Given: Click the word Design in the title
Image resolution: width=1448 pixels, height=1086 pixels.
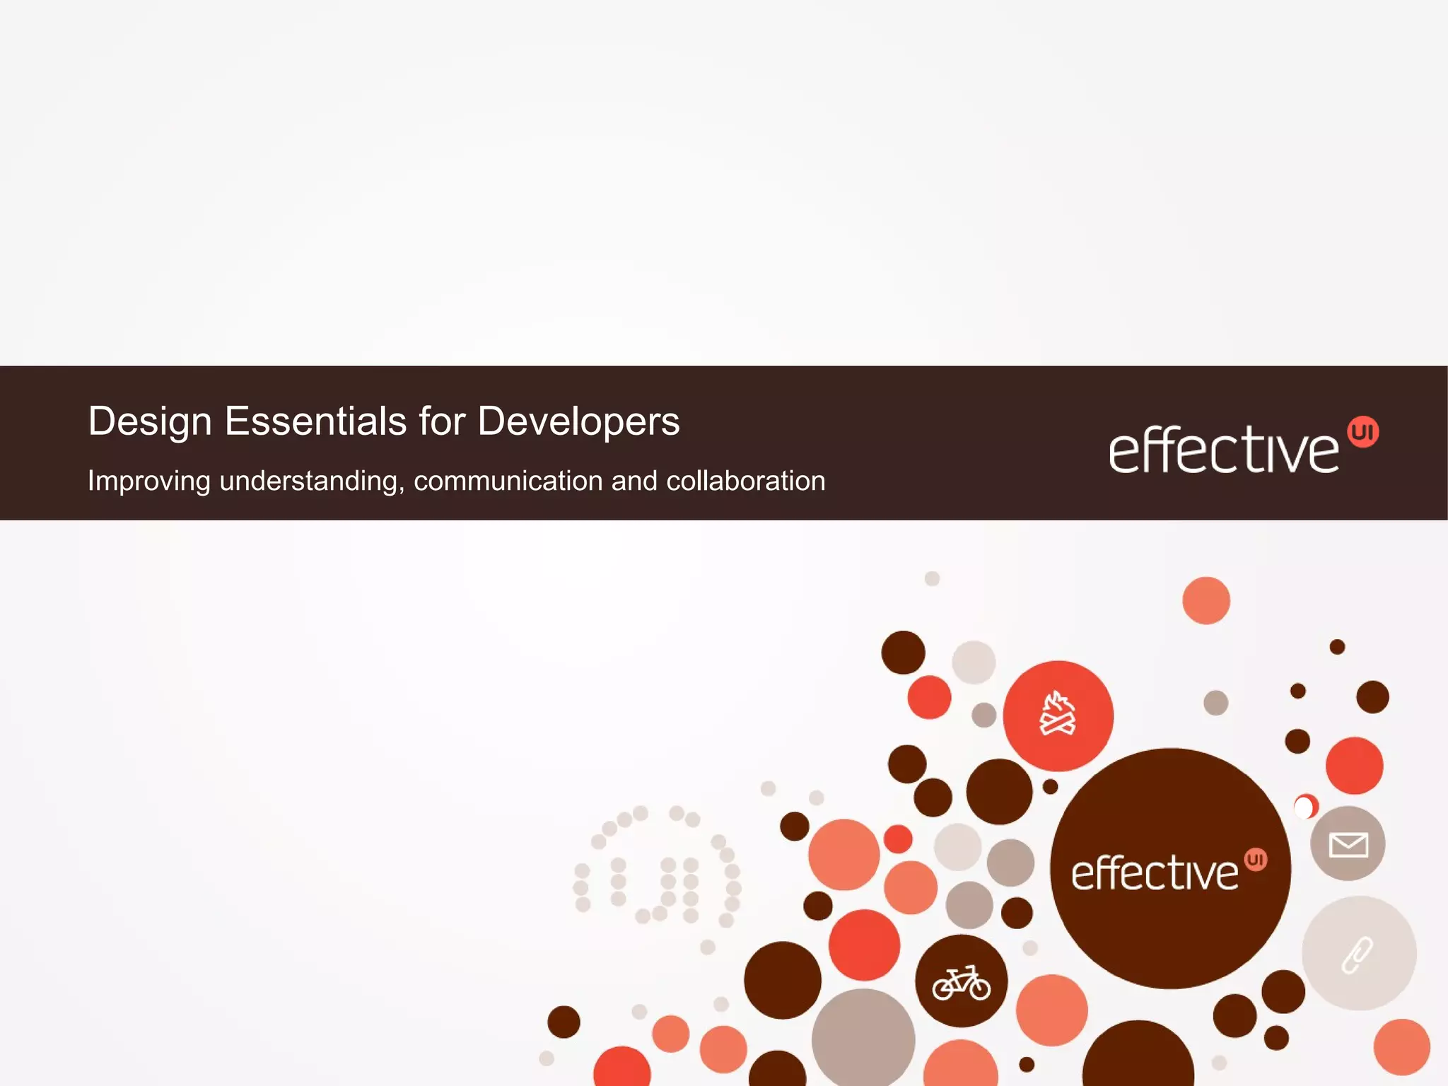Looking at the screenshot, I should click(150, 422).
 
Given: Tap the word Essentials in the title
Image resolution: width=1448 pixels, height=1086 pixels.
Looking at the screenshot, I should click(315, 421).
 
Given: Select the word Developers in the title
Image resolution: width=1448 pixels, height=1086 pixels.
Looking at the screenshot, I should click(578, 421).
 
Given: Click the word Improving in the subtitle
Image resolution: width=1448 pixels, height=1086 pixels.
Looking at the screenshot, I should click(149, 481).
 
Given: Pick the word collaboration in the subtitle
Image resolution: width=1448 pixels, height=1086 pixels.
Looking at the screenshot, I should click(745, 481).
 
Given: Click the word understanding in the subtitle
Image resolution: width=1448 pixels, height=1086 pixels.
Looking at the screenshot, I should click(312, 481).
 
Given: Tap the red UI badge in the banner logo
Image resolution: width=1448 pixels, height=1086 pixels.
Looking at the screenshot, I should click(1362, 432).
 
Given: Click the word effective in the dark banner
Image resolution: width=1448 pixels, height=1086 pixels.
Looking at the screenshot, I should click(1223, 450).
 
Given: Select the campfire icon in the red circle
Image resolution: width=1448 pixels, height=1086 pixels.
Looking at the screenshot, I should click(1058, 715).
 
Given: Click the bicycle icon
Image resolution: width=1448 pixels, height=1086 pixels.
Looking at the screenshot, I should click(961, 983).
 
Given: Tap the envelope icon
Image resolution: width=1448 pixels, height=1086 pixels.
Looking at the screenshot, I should click(1348, 844).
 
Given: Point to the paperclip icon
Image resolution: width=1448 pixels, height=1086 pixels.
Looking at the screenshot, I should click(1357, 954).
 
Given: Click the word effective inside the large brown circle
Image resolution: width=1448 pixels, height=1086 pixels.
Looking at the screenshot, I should click(1155, 872).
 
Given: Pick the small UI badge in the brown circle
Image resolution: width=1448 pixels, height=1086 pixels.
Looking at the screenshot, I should click(1256, 860).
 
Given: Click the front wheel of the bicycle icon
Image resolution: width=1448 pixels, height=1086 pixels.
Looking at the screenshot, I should click(980, 988).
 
